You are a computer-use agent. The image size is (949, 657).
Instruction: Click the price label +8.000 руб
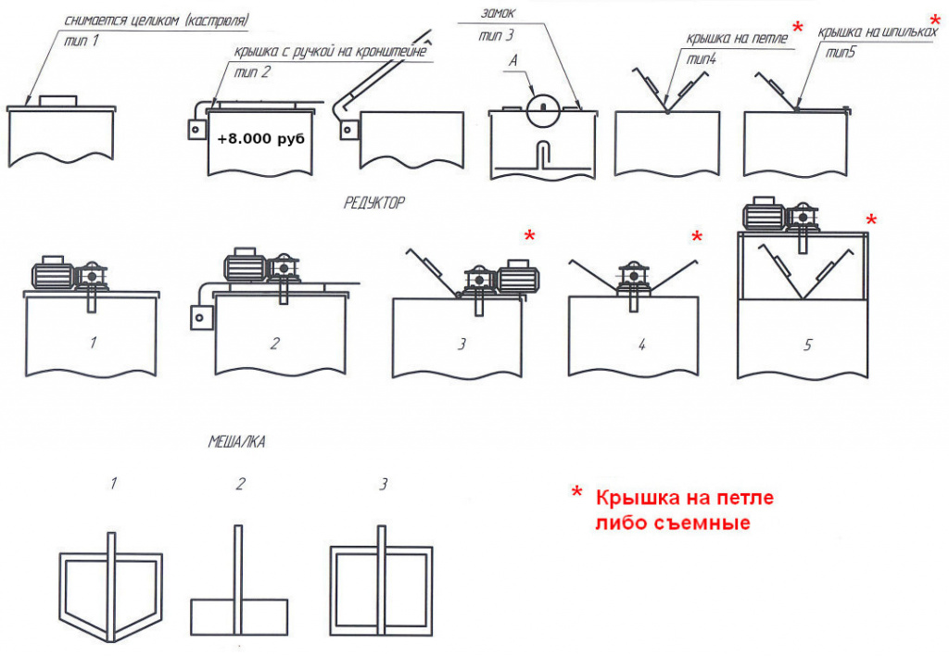260,139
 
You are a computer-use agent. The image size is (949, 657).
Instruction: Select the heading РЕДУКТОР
374,203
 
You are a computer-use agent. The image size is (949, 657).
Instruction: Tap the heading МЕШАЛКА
236,442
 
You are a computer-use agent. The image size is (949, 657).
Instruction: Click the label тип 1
82,41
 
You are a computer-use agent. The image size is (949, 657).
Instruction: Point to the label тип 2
252,72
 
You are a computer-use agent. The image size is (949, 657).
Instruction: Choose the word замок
498,13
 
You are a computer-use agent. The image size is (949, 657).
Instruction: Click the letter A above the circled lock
513,60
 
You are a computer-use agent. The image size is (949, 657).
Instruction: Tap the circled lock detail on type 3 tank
543,110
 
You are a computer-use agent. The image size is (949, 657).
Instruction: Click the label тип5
841,53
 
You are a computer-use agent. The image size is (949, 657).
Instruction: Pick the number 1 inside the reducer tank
93,343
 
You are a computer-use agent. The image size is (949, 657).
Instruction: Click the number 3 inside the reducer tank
462,344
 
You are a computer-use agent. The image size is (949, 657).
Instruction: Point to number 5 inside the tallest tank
807,345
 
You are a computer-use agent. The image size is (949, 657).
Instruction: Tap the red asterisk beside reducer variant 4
697,236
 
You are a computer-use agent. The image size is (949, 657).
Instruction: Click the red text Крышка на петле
685,498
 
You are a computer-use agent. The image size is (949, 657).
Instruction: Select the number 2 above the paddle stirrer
240,484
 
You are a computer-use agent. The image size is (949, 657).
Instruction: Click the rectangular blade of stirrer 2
239,617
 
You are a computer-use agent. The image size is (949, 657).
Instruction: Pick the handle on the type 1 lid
58,101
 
